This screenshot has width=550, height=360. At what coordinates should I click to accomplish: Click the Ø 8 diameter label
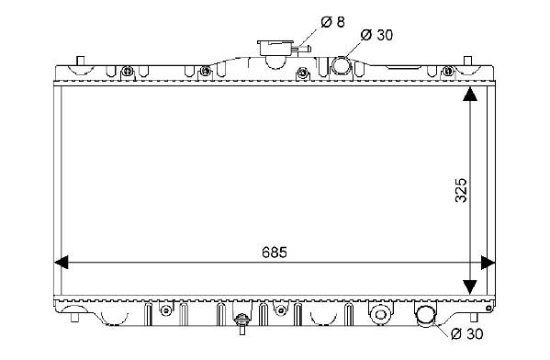(332, 22)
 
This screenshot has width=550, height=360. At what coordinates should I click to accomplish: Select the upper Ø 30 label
(376, 35)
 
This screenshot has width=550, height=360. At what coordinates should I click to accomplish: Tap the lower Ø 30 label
(466, 334)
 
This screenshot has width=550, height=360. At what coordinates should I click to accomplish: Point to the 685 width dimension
(275, 253)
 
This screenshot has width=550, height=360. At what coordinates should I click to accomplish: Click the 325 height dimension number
(461, 190)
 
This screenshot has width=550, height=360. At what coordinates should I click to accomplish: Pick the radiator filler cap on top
(275, 48)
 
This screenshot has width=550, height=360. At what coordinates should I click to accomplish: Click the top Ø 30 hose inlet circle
(341, 65)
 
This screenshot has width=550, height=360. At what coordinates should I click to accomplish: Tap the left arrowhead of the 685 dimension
(61, 263)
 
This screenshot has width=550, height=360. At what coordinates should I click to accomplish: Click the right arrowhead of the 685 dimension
(488, 263)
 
